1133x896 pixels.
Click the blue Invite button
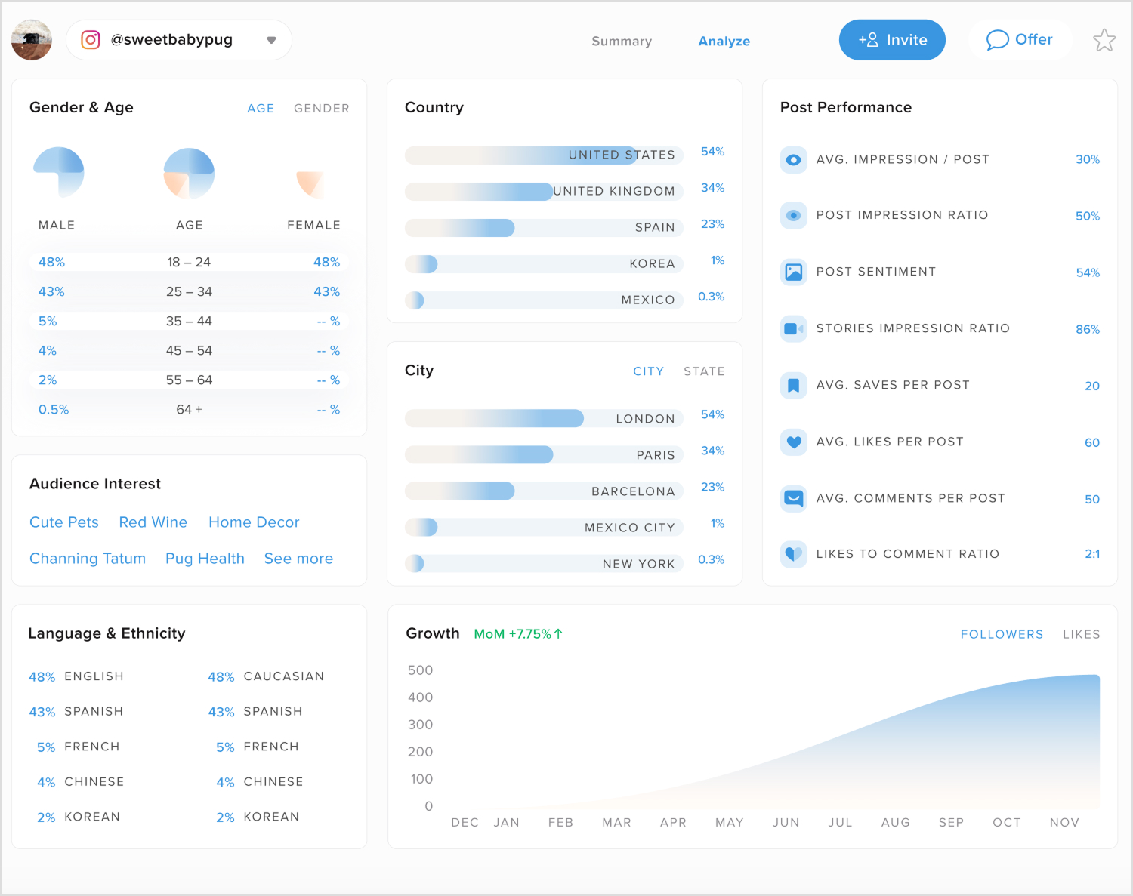click(x=892, y=40)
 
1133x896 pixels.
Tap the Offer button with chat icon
click(x=1019, y=40)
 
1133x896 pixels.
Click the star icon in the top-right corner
click(x=1104, y=40)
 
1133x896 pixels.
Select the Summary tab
click(x=621, y=42)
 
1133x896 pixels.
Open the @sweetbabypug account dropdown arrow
click(x=271, y=41)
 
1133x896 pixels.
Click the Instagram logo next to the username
click(x=91, y=40)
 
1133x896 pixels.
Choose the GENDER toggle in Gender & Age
click(x=321, y=109)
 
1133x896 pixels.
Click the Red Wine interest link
click(x=153, y=522)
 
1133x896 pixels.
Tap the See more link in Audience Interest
click(x=298, y=559)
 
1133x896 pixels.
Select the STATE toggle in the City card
click(x=703, y=371)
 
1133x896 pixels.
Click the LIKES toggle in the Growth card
click(x=1081, y=635)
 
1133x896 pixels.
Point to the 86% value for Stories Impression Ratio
click(x=1087, y=329)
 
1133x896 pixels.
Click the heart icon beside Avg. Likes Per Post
click(x=793, y=442)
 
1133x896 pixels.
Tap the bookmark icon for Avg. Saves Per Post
click(x=793, y=385)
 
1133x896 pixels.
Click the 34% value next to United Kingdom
click(x=712, y=188)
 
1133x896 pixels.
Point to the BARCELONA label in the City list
click(x=633, y=491)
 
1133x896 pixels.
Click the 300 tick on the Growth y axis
click(x=420, y=725)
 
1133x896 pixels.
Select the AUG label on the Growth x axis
click(x=895, y=823)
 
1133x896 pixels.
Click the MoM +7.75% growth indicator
click(x=518, y=634)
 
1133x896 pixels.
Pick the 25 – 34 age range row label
click(x=189, y=292)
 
